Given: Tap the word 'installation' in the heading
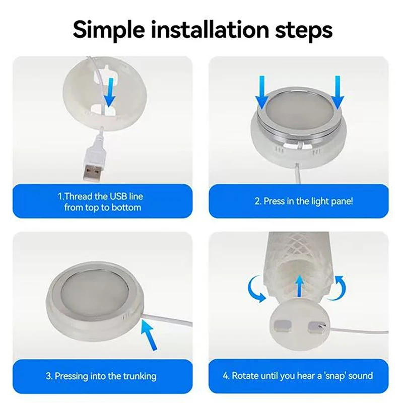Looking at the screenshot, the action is coord(210,29).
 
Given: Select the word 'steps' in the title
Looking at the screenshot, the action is coord(304,31).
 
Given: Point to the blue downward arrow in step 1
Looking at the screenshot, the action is coord(110,93).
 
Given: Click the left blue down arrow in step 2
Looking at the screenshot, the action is coord(262,92).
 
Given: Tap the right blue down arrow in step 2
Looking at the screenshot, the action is coord(338,92).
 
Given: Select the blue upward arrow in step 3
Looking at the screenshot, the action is coord(150,335).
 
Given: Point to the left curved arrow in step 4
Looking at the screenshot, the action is coord(255,289).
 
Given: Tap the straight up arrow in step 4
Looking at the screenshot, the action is coord(299,286).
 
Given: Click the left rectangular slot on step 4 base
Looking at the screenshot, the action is coord(283,325).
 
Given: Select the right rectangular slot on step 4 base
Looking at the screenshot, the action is coord(317,326).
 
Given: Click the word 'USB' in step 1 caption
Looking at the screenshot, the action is coord(118,196).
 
